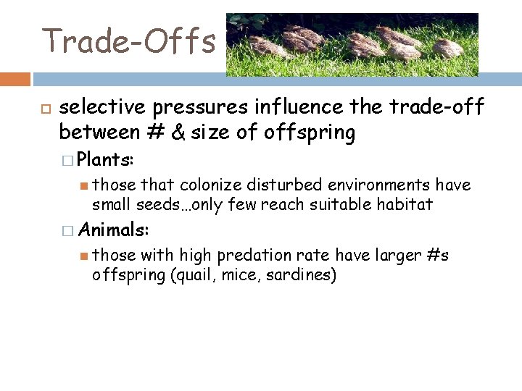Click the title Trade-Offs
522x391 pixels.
point(129,41)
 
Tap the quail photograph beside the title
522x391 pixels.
point(352,44)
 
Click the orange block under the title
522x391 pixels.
point(15,79)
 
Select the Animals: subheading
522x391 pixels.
point(113,230)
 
